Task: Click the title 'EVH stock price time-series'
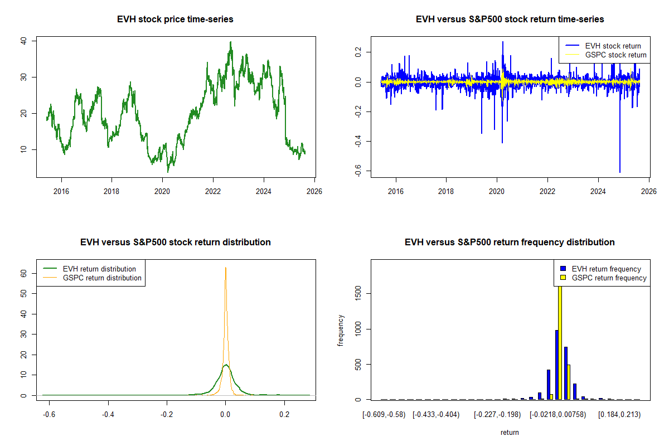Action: pos(175,20)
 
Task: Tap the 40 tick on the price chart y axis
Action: pos(24,41)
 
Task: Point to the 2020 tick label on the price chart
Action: pos(162,191)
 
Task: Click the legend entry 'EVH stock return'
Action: pos(613,46)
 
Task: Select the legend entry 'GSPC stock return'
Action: pos(615,55)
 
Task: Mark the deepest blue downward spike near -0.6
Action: pos(620,170)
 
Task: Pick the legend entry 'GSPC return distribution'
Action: pos(103,278)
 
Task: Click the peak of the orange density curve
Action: pos(225,268)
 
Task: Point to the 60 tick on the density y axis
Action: pos(24,274)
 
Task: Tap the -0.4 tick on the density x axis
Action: pos(108,415)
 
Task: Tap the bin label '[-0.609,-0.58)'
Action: pos(384,415)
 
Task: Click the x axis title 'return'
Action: pos(510,433)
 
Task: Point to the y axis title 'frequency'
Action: pos(341,331)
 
